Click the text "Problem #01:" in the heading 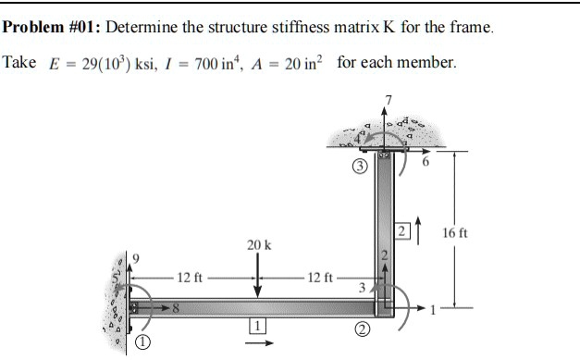coord(51,25)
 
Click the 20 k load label coord(259,245)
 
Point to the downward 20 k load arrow coord(258,273)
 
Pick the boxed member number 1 coord(258,325)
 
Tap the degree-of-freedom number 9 coord(136,254)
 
